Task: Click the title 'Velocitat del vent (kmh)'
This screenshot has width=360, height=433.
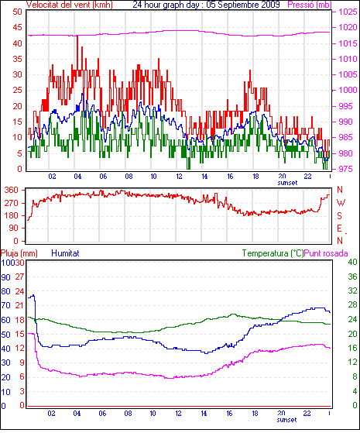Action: (70, 5)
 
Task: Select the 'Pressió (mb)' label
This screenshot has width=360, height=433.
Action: (310, 5)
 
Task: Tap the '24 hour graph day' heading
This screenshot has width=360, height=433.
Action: (166, 5)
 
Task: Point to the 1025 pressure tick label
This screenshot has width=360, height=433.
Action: (348, 12)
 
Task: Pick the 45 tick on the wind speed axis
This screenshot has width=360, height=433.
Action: (17, 27)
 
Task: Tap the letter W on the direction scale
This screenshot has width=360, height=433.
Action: (341, 203)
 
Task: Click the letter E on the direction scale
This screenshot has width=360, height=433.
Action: (340, 229)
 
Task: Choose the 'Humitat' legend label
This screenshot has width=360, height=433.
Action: (66, 253)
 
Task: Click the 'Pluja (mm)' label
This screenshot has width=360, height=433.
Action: (19, 253)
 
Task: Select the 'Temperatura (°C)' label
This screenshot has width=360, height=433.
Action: (273, 253)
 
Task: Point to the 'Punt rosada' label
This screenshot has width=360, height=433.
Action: (326, 253)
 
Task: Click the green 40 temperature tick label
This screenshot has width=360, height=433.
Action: (352, 262)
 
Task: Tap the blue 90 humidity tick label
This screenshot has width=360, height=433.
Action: (5, 277)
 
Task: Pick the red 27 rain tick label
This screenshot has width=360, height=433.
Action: (19, 277)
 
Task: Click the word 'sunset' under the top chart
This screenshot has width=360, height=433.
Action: (287, 183)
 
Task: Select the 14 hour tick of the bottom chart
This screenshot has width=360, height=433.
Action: (204, 414)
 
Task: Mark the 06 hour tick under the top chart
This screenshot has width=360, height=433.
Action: (103, 176)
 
